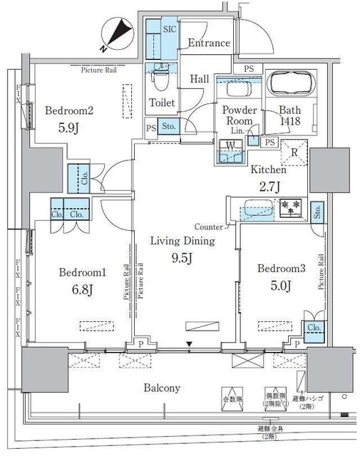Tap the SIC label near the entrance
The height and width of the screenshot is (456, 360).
click(170, 29)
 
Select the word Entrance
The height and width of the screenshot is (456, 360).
click(209, 43)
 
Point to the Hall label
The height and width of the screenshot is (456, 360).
click(200, 79)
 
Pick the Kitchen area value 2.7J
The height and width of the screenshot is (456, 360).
click(269, 187)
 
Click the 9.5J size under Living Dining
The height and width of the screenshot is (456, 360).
click(182, 258)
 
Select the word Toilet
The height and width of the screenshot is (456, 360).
click(162, 103)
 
